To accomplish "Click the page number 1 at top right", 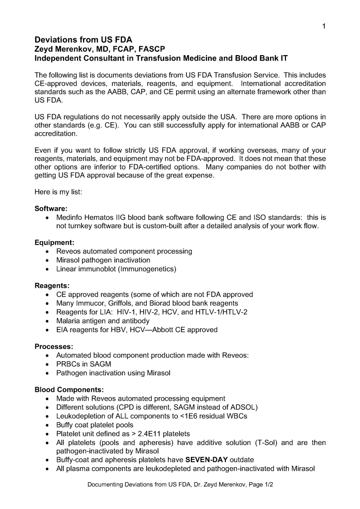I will (x=324, y=27).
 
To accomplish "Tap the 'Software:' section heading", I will (x=51, y=209).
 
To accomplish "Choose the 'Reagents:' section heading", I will (x=52, y=286).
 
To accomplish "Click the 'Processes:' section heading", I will (x=54, y=346).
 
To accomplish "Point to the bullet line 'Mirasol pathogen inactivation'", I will (x=103, y=260).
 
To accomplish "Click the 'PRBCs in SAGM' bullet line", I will (x=84, y=364).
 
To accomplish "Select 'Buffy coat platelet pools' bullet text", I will (x=94, y=425).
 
